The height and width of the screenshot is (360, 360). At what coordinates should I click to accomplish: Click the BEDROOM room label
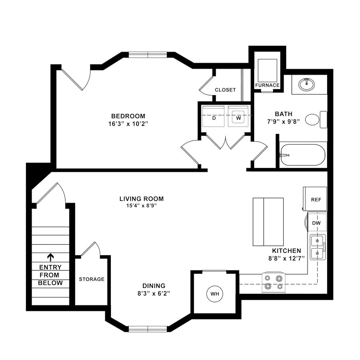tap(128, 116)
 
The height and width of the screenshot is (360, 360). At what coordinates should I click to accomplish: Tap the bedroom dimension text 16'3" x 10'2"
tap(128, 124)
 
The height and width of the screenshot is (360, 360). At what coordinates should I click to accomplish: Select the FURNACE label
tap(267, 85)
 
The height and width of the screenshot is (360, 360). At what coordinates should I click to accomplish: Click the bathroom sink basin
tap(305, 84)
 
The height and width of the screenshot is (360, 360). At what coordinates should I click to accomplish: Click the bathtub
tap(302, 155)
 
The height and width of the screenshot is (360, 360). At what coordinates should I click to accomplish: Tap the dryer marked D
tap(214, 116)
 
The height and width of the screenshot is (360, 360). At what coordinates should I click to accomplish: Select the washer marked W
tap(238, 116)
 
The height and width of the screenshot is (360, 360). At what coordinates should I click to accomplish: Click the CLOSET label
tap(225, 90)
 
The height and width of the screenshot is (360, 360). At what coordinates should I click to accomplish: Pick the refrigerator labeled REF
tap(315, 199)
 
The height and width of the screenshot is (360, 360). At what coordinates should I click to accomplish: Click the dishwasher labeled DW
tap(316, 223)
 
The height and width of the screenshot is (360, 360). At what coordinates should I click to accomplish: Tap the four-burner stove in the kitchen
tap(273, 282)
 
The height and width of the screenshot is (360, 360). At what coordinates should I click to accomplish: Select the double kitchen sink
tap(317, 247)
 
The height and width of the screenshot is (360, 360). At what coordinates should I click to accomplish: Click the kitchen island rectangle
tap(268, 221)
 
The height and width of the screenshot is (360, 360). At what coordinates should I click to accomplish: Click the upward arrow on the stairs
tap(50, 257)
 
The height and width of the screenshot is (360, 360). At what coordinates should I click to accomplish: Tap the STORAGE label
tap(91, 279)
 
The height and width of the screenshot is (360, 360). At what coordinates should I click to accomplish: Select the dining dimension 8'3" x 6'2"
tap(154, 294)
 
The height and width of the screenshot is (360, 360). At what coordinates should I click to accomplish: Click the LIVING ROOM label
tap(141, 199)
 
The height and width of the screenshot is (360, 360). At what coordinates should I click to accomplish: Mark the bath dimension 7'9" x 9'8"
tap(284, 122)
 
